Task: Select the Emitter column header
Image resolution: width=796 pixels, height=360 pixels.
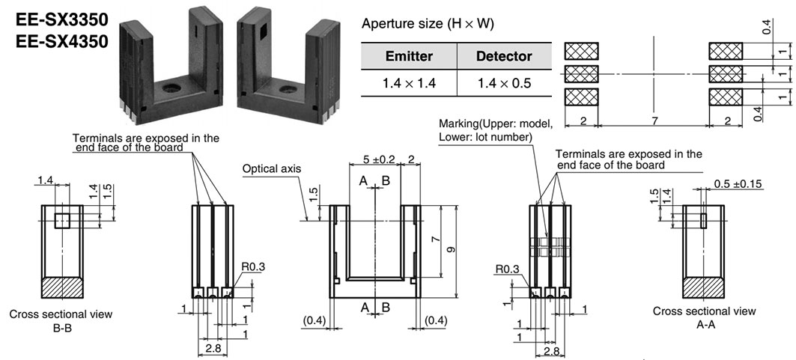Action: [409, 56]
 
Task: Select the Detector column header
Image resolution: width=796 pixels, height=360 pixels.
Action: [504, 56]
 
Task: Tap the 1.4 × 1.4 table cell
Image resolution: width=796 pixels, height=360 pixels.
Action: [409, 82]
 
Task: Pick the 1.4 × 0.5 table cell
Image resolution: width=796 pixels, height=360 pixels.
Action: [504, 82]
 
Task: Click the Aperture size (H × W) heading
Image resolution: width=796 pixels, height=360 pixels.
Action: [428, 24]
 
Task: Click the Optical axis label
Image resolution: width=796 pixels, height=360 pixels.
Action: [271, 169]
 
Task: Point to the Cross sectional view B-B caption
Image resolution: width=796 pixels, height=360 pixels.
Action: [61, 321]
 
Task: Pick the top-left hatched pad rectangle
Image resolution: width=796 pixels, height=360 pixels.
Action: [581, 50]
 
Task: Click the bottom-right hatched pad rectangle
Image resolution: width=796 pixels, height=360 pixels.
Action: [725, 97]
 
